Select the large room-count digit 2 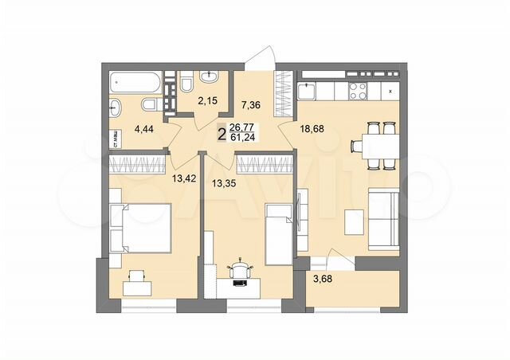coord(221,131)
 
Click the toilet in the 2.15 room coord(185,82)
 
